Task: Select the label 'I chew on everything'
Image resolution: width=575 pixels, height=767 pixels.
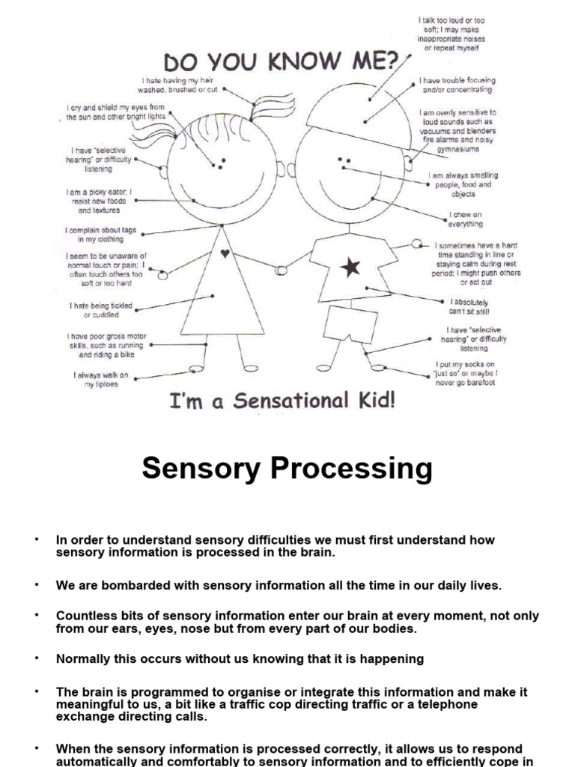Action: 466,219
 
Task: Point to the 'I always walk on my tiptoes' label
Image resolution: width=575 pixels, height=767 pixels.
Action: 101,380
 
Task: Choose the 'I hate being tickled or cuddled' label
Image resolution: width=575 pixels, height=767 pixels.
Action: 99,310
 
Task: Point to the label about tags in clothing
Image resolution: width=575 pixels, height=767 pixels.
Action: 100,234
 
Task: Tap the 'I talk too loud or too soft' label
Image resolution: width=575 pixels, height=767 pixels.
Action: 447,33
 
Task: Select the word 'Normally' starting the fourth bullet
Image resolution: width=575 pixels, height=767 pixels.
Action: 84,659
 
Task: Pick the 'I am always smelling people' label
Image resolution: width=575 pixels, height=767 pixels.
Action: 463,184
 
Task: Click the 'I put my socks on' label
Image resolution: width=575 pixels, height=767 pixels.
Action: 466,373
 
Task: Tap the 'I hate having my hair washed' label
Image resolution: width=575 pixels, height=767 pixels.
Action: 180,85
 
